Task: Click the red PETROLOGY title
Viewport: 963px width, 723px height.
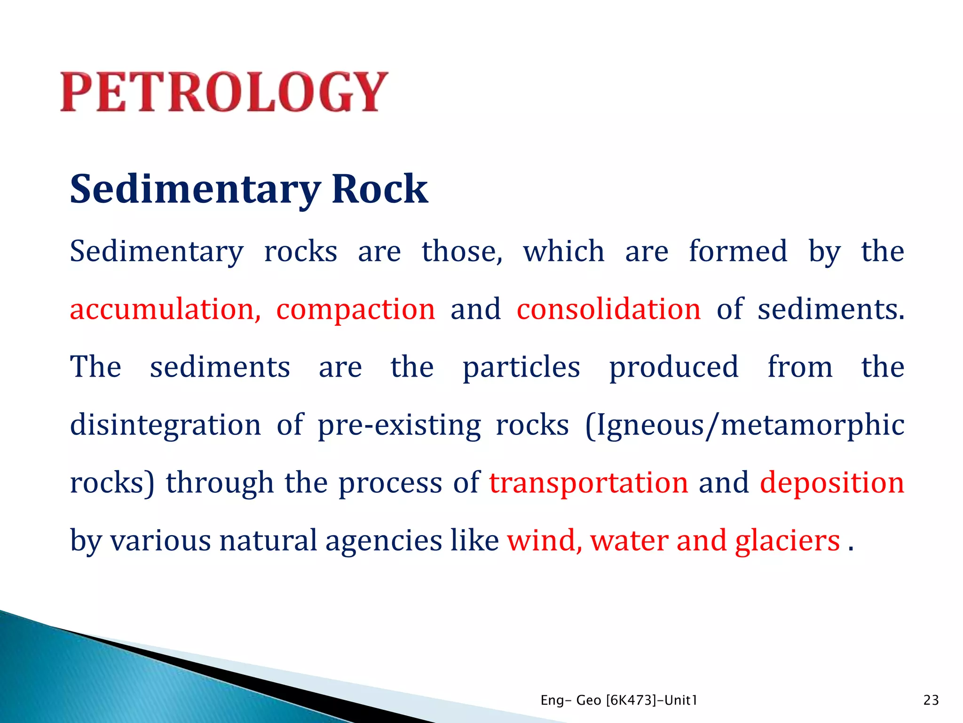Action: pos(224,92)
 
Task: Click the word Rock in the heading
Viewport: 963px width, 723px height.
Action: pos(379,189)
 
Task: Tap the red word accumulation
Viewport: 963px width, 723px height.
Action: pos(165,309)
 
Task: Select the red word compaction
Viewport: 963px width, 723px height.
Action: pos(355,309)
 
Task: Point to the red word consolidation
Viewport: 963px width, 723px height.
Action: pos(608,309)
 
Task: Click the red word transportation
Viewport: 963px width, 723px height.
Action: pos(589,483)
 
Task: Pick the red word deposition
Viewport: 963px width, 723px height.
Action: pos(832,483)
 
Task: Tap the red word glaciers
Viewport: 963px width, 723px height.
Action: pos(787,540)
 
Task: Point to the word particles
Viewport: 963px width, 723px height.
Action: pos(521,368)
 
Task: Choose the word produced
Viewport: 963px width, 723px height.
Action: pos(673,368)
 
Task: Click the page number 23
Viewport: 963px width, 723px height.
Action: pos(931,700)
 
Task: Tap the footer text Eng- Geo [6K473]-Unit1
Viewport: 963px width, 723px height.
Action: pos(619,700)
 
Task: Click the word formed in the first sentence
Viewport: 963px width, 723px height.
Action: pos(738,251)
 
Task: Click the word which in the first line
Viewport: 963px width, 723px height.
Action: pos(563,251)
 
